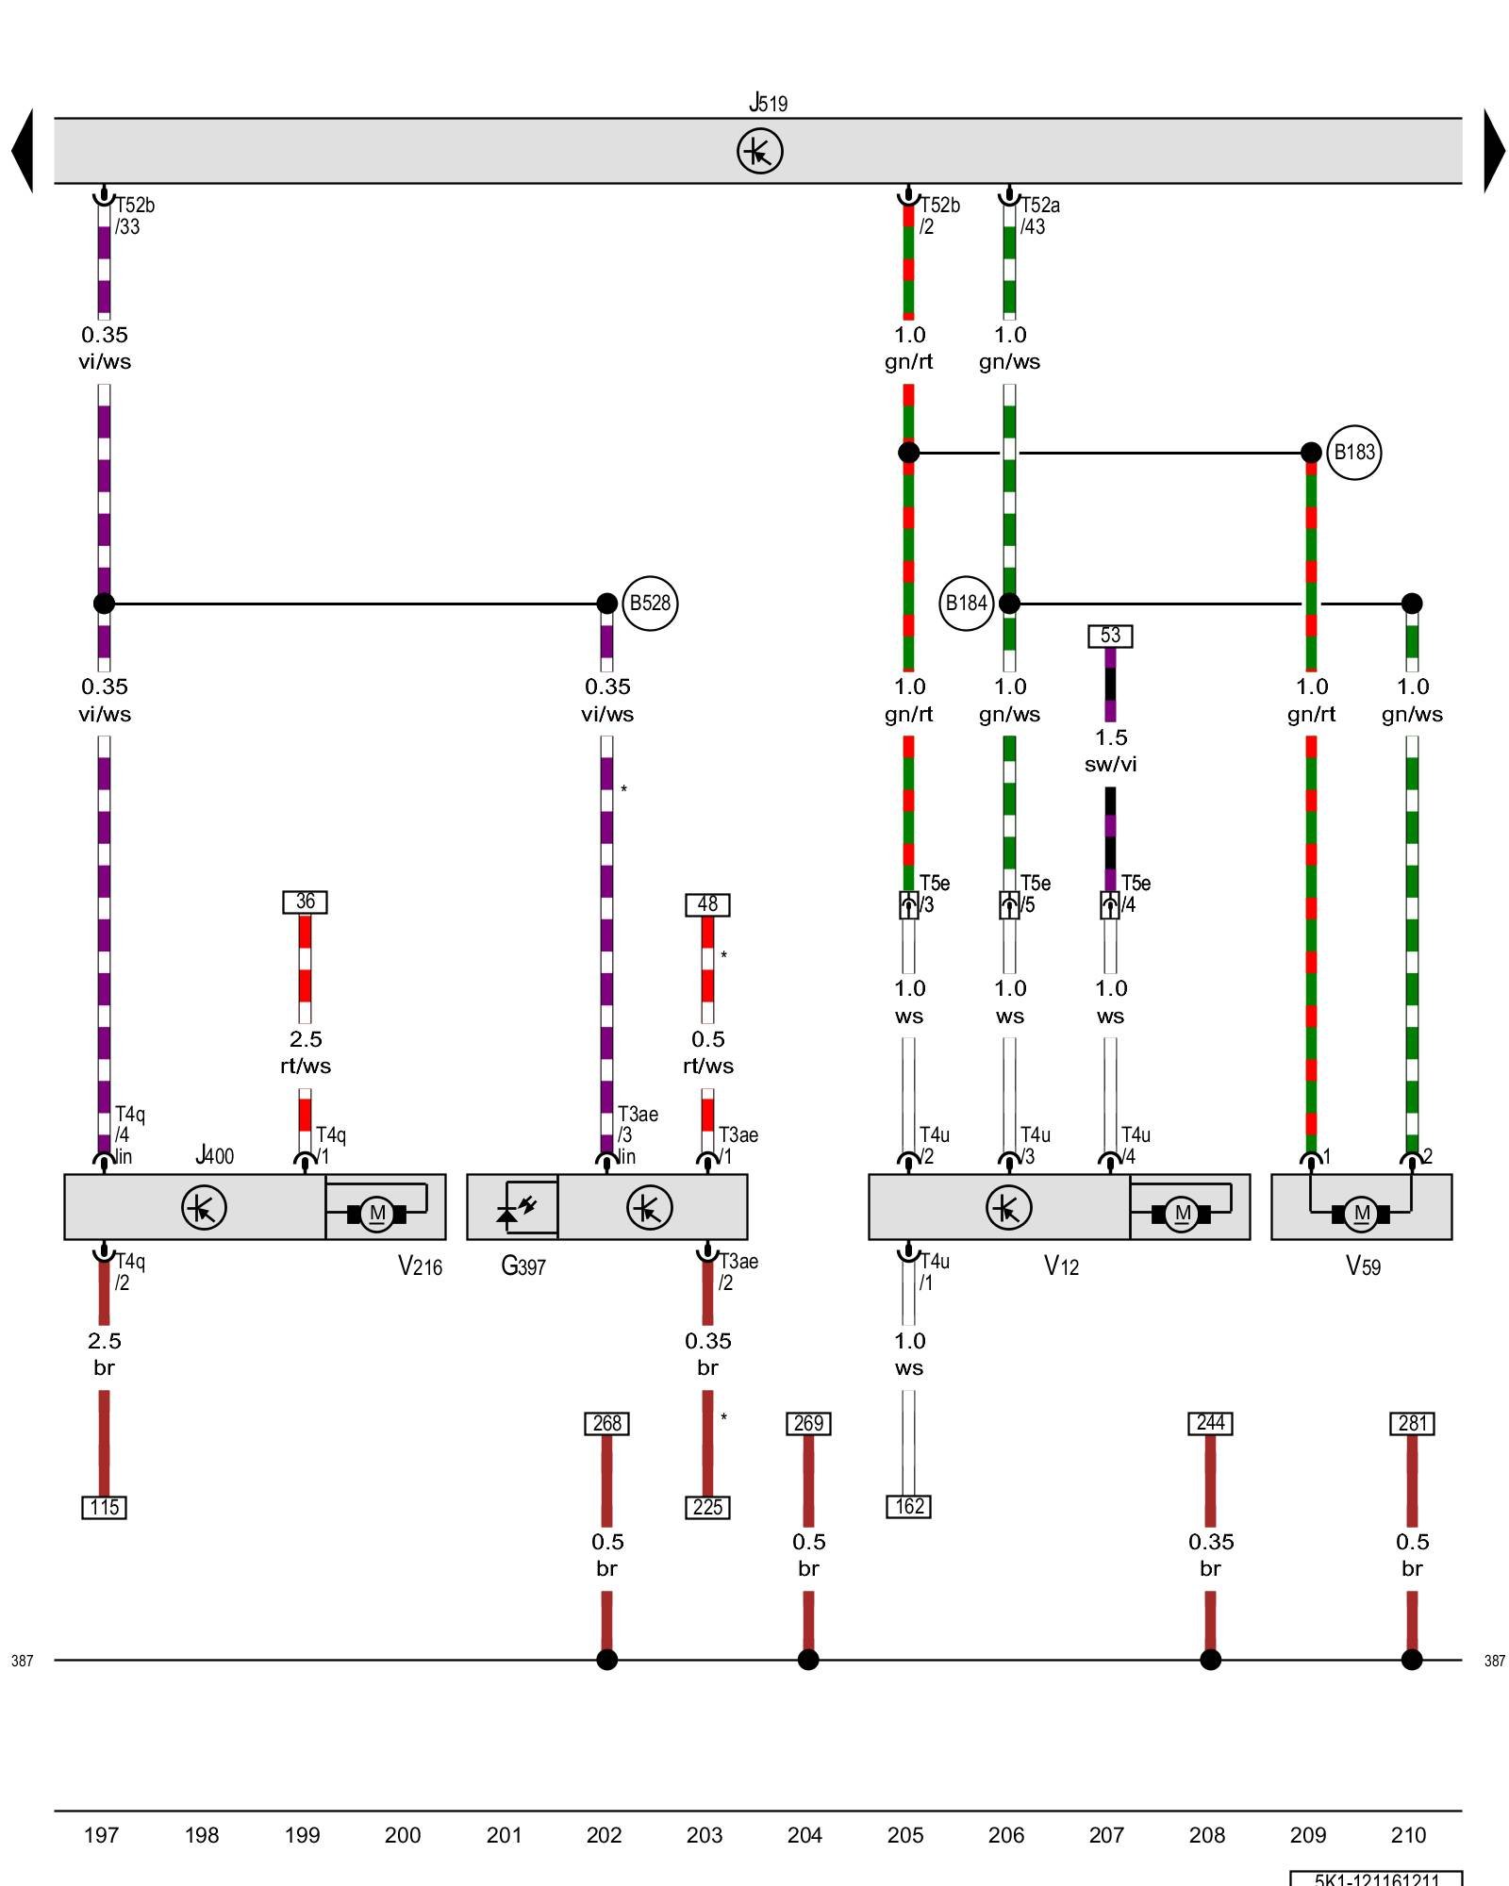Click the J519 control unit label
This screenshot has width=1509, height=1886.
pos(768,103)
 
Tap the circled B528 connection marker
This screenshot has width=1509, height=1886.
pos(650,604)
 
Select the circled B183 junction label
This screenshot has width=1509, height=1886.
pos(1353,453)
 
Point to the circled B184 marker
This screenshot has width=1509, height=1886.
pos(966,604)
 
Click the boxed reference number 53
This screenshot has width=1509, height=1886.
pos(1110,636)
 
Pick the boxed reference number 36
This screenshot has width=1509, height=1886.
pos(305,902)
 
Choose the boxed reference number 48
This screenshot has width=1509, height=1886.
pos(707,905)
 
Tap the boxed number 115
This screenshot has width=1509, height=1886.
pos(104,1507)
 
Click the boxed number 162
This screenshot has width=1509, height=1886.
pos(908,1506)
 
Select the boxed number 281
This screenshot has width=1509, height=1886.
pos(1412,1423)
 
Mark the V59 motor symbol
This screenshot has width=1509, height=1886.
pos(1361,1214)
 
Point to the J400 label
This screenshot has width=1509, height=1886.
pos(214,1155)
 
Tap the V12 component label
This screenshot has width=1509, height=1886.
pos(1061,1266)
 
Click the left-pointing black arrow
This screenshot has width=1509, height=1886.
pos(23,151)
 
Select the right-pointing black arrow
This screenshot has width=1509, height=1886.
pos(1494,151)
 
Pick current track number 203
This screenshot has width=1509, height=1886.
pos(705,1835)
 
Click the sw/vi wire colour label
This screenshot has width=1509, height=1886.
pos(1110,765)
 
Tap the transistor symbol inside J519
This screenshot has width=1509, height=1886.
pos(759,151)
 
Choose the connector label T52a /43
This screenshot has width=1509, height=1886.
pos(1039,216)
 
